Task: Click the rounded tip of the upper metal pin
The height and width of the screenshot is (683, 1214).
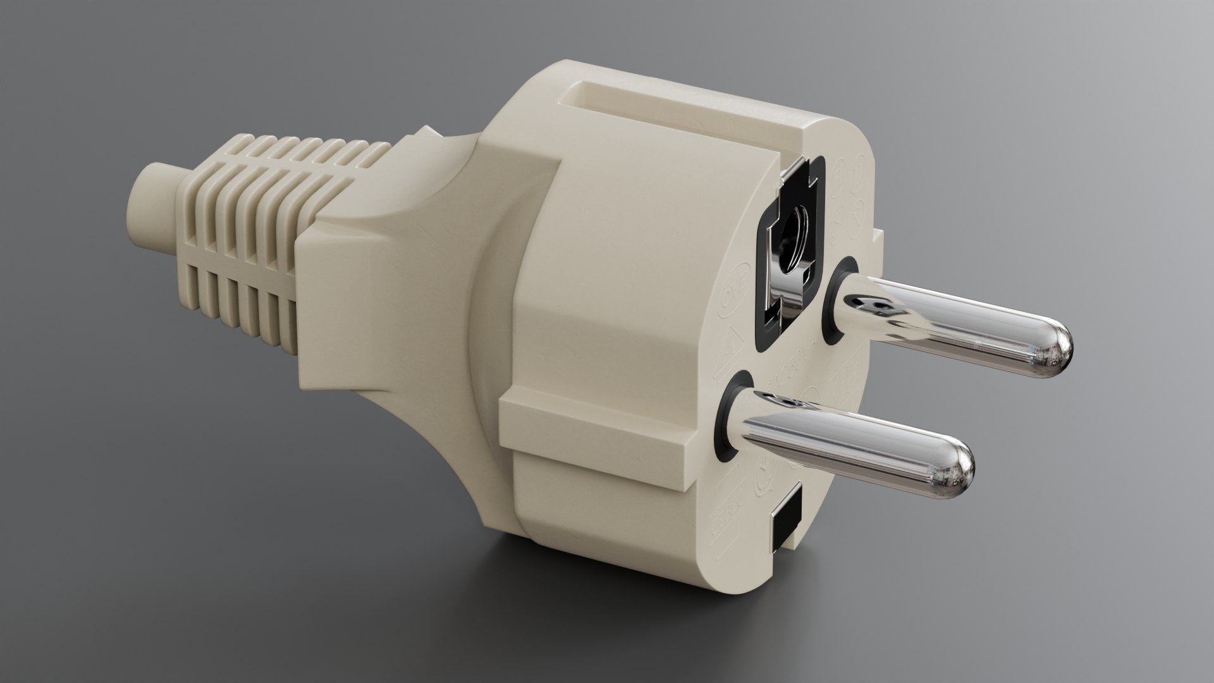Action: (x=1055, y=350)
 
